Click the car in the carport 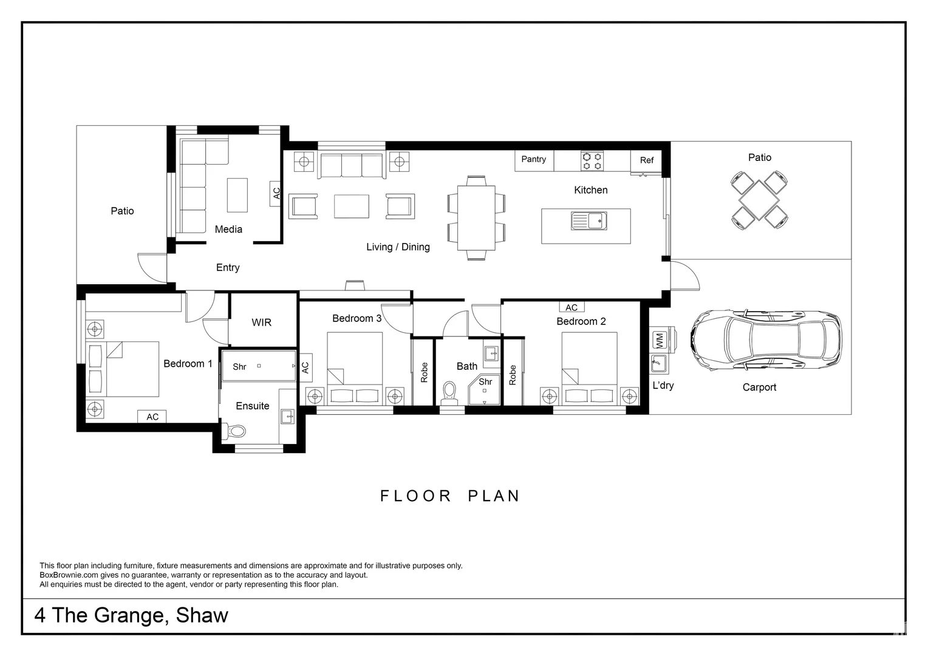766,340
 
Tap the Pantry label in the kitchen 534,159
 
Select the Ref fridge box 646,161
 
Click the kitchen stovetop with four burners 592,161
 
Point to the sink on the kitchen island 589,221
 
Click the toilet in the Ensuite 235,431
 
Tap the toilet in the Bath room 449,393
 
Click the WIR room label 261,323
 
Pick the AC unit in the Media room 276,194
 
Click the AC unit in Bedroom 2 571,307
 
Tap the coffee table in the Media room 237,195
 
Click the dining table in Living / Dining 476,218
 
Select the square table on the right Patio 759,200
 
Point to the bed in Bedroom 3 355,368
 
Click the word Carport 759,388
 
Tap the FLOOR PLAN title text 450,496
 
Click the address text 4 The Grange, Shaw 131,615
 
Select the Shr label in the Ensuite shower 239,367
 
